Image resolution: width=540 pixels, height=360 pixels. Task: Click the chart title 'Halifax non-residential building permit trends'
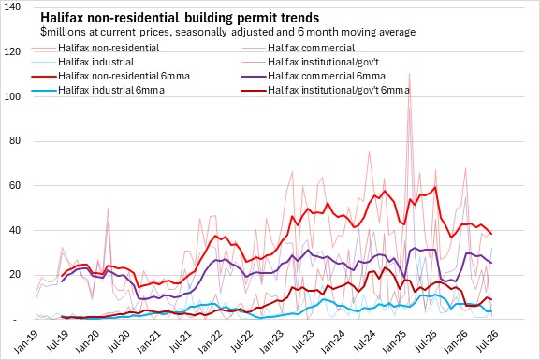pos(180,17)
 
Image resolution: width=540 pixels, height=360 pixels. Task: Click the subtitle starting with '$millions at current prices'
pos(227,32)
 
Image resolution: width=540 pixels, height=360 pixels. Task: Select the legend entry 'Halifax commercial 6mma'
pos(327,76)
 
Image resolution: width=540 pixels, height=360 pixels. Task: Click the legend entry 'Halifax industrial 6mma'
pos(111,90)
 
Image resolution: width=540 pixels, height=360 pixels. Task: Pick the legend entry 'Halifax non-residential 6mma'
pos(124,76)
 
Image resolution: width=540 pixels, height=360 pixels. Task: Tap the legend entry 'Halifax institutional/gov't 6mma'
pos(339,90)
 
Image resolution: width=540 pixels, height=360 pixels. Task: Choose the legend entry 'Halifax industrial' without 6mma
pos(96,62)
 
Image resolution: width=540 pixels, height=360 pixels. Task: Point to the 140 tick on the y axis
pos(13,7)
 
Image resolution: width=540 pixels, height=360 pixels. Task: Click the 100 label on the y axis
pos(13,96)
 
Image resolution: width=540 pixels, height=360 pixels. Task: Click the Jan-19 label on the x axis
pos(26,341)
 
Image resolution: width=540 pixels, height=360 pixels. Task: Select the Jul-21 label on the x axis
pos(180,341)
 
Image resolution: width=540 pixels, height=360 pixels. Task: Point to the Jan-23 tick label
pos(272,341)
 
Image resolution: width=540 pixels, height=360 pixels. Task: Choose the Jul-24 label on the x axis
pos(364,341)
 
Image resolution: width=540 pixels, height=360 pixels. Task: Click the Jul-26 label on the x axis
pos(488,341)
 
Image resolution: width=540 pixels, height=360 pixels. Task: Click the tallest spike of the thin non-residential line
pos(409,74)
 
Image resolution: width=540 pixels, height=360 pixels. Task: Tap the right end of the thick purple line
pos(491,263)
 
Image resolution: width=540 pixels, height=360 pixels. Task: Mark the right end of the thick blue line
pos(491,311)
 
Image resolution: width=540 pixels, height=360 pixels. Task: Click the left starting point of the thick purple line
pos(62,281)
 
